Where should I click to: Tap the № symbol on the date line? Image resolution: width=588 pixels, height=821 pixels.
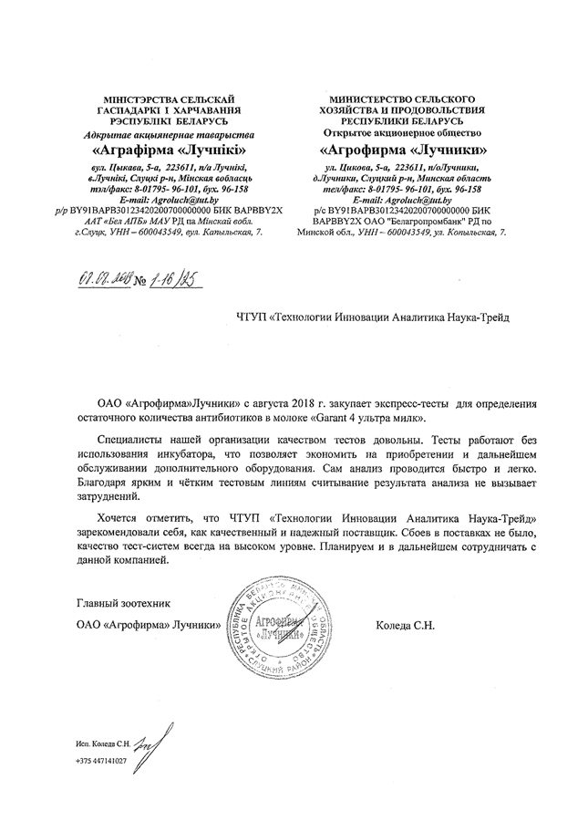140,279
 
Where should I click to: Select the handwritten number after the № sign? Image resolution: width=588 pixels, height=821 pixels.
175,276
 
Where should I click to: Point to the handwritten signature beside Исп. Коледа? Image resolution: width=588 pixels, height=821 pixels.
150,739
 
